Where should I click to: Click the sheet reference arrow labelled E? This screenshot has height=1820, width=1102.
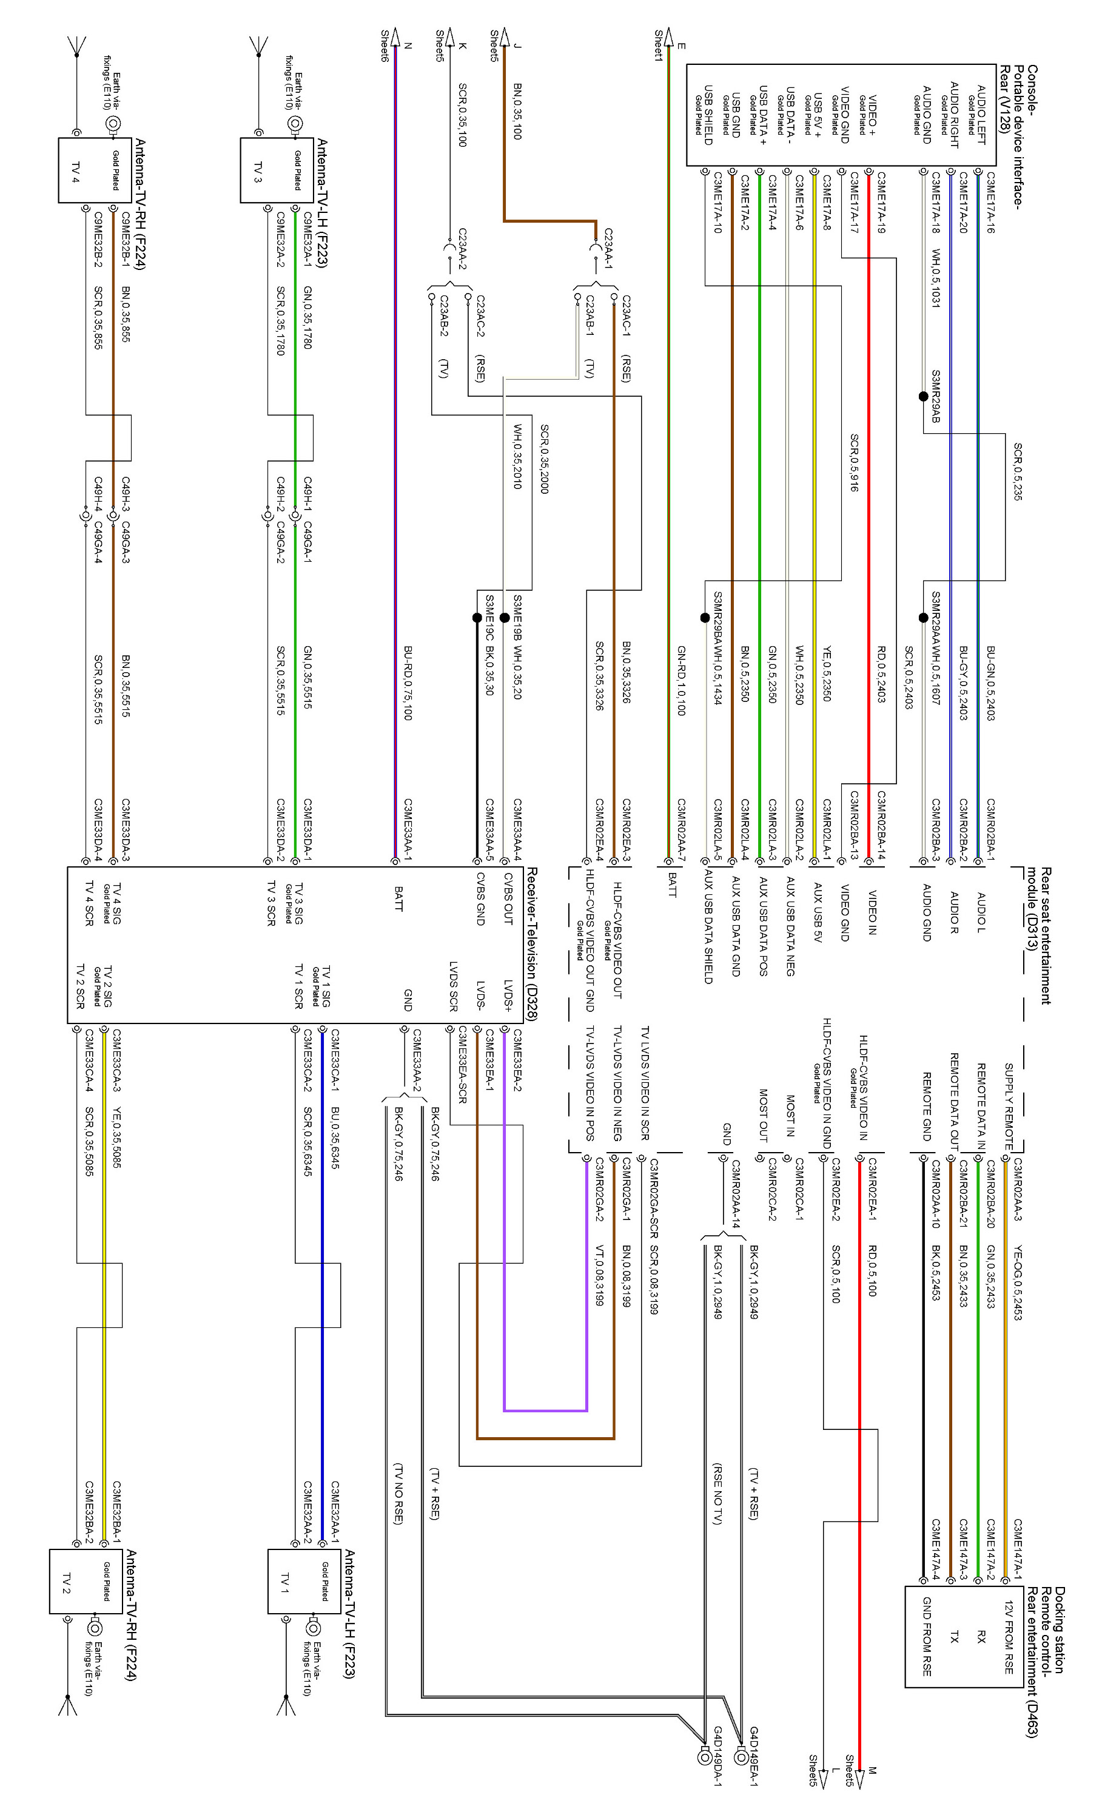(668, 37)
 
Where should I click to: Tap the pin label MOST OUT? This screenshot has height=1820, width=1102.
(764, 1114)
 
